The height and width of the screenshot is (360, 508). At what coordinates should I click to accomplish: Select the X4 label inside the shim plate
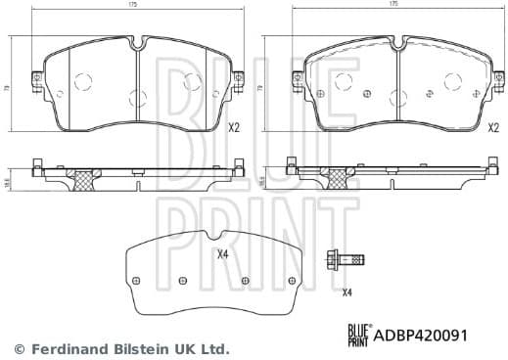click(x=222, y=256)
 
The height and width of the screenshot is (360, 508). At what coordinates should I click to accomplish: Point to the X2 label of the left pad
click(x=234, y=128)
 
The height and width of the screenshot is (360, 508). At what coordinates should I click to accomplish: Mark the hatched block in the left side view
click(x=84, y=179)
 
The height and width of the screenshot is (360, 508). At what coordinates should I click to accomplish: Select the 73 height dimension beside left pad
click(x=7, y=87)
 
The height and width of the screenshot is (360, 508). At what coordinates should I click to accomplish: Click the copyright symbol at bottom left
click(x=17, y=348)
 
